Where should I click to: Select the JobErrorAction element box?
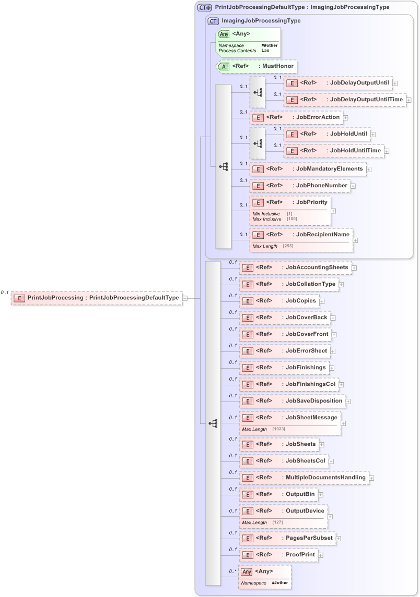296,117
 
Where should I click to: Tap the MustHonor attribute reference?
256,66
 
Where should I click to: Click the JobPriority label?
312,202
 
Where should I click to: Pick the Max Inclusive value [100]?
291,219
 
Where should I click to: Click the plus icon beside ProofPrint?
320,555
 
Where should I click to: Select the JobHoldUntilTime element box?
333,151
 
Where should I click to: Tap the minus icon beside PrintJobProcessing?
185,298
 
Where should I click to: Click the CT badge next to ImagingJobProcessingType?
213,21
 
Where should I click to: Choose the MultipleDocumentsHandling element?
304,478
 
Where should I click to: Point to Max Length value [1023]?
278,429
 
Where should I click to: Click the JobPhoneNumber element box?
299,185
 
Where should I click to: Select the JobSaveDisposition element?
292,401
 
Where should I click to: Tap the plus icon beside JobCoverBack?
333,318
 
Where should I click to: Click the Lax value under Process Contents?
265,51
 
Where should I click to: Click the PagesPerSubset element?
287,538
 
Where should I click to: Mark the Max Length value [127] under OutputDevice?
277,522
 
